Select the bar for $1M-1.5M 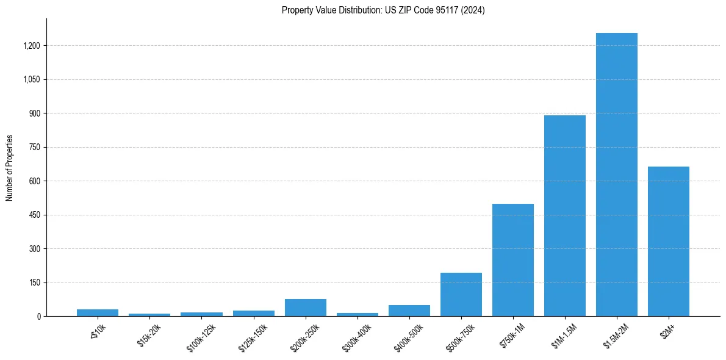[564, 216]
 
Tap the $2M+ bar [668, 241]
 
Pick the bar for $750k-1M [512, 260]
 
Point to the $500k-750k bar [461, 295]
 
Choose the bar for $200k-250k [305, 308]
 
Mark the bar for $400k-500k [409, 311]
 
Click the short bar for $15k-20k [149, 315]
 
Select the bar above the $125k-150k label [253, 313]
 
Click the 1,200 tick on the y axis [32, 46]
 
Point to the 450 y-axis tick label [34, 215]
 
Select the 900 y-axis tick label [34, 113]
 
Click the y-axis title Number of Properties [10, 168]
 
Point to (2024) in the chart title [473, 10]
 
